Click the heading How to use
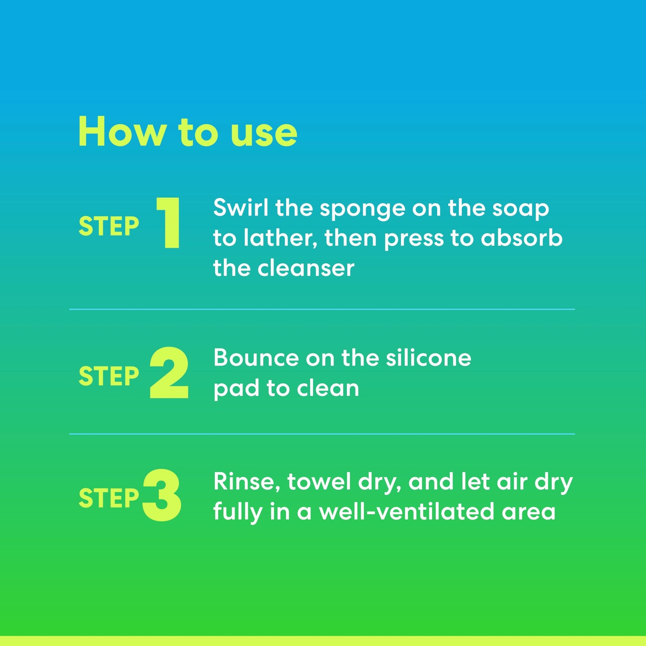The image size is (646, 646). point(188,132)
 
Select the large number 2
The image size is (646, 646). point(169,372)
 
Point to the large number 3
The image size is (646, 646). point(162,495)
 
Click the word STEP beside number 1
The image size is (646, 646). point(109,226)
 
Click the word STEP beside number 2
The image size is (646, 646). point(109,376)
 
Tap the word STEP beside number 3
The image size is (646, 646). point(109,498)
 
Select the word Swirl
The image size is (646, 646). point(241,207)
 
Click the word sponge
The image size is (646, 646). point(363,210)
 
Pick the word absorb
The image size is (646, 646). point(522,238)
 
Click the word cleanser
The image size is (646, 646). point(306,269)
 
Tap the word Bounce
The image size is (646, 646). point(256,358)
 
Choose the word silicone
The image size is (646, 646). point(429,357)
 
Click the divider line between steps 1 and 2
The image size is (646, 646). point(322,309)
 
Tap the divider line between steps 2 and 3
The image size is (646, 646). point(322,434)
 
